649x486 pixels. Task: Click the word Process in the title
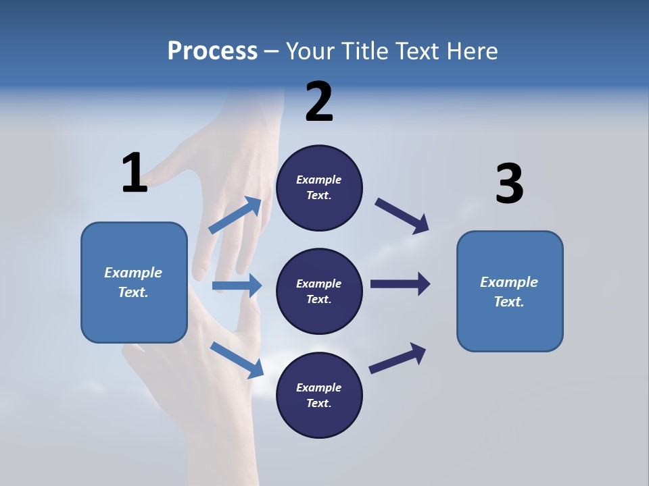(x=212, y=51)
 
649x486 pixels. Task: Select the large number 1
(x=135, y=173)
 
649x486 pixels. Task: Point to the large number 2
(x=319, y=102)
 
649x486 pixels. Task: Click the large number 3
(x=509, y=184)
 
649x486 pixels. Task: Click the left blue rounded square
(x=134, y=282)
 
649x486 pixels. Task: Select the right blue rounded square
(x=510, y=291)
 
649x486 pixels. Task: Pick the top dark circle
(x=319, y=188)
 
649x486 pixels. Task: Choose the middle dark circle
(x=319, y=291)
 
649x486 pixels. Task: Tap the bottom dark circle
(x=319, y=395)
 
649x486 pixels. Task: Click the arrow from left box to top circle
(x=235, y=215)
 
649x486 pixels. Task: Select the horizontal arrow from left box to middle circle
(x=237, y=286)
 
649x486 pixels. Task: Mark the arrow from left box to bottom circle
(x=237, y=359)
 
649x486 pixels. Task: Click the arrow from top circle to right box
(x=402, y=215)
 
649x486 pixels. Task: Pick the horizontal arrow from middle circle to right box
(x=400, y=284)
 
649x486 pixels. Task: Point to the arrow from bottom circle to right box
(x=398, y=358)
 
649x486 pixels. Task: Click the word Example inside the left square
(x=133, y=273)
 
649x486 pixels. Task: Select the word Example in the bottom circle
(x=318, y=387)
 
